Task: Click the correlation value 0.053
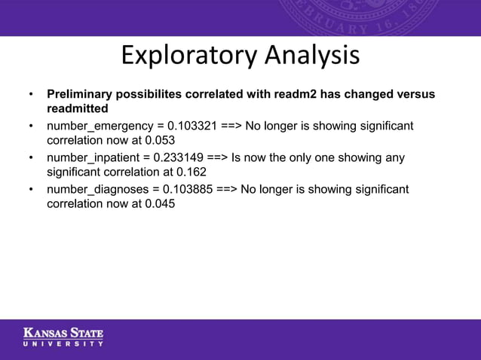160,140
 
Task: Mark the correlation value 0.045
160,204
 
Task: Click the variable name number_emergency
95,125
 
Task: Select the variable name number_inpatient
92,157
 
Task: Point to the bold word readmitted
77,109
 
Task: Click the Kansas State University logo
63,337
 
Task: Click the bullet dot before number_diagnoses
31,189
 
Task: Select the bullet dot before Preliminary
31,95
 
